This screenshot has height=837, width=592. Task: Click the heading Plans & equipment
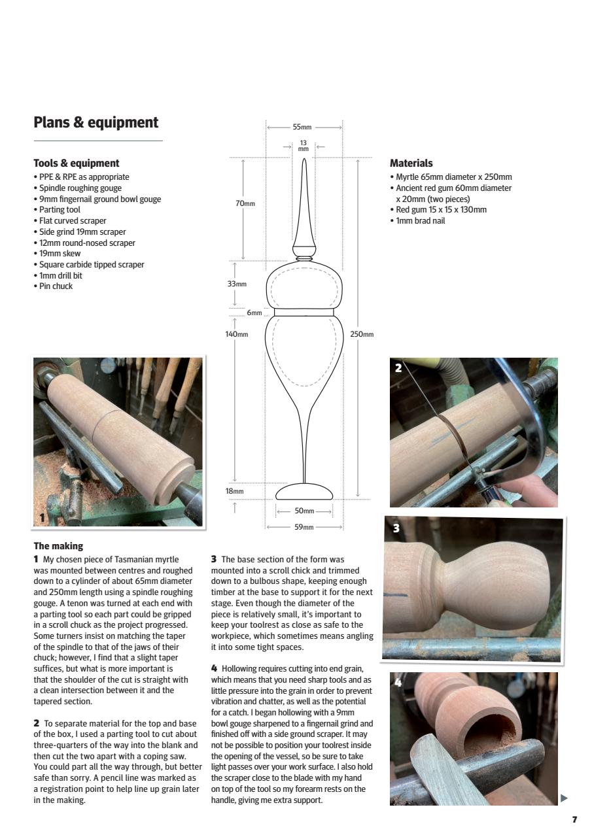click(96, 122)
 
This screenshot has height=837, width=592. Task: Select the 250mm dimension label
click(362, 334)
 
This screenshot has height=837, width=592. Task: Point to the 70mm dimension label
click(245, 203)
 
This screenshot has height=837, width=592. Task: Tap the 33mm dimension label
click(237, 284)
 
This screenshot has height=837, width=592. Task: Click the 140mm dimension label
click(237, 334)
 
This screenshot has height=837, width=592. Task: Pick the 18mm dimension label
click(234, 491)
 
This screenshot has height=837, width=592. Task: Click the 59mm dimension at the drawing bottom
click(304, 527)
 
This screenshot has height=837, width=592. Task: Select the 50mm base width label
click(304, 511)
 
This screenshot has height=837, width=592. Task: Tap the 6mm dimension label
click(254, 313)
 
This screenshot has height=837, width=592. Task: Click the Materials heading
click(411, 163)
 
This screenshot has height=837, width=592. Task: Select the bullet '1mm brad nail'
click(420, 221)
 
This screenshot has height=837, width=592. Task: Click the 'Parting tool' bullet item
click(59, 210)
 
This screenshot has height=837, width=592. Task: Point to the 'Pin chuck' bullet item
click(55, 286)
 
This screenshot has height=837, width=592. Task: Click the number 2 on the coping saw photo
click(398, 368)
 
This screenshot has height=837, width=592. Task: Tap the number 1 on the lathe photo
click(42, 518)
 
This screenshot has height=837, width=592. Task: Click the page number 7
click(574, 819)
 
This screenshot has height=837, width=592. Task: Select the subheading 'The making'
click(58, 546)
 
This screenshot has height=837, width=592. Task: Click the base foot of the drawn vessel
click(304, 492)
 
